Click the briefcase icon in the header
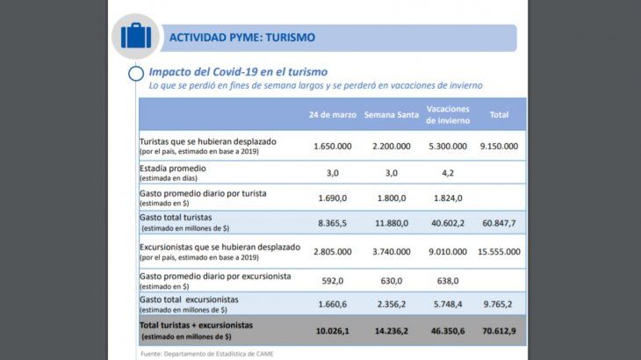(136, 37)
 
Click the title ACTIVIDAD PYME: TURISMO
(241, 38)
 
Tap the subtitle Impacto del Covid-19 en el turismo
(238, 71)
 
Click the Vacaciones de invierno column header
(448, 115)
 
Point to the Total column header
(499, 115)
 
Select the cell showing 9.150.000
(499, 146)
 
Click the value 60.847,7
(499, 223)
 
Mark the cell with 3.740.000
(387, 251)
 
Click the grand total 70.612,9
(499, 331)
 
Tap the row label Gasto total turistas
(176, 217)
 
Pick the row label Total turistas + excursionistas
(196, 325)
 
